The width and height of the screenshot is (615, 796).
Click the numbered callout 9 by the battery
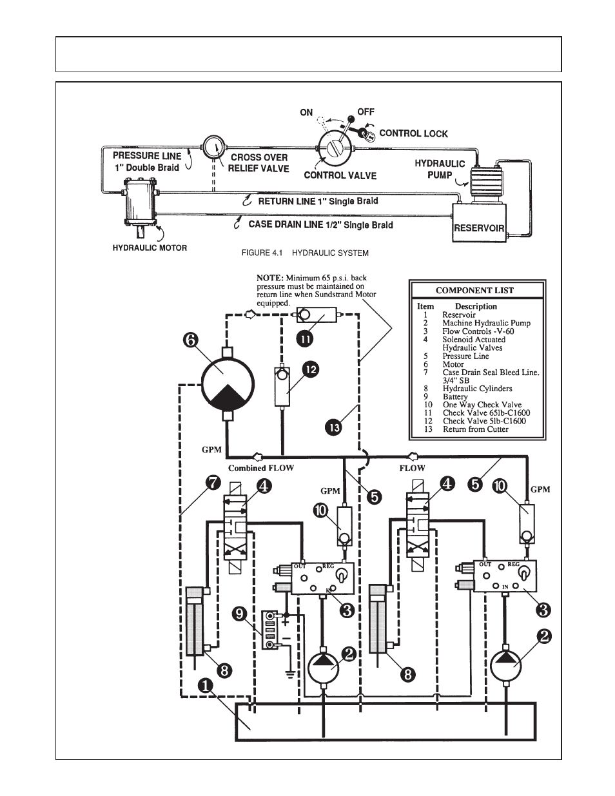point(240,614)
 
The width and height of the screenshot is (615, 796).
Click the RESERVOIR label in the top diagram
point(478,228)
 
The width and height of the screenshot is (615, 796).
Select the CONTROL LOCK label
point(413,133)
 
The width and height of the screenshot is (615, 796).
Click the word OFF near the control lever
point(366,112)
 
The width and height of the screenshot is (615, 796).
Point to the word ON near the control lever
point(306,112)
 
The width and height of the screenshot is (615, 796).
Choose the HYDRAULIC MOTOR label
point(150,248)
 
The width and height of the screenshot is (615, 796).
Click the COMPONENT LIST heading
point(474,290)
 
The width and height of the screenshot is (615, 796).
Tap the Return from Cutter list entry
point(475,429)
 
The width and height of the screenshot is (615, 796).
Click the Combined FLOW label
point(260,468)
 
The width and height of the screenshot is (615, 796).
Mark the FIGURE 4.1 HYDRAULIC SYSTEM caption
point(304,253)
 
